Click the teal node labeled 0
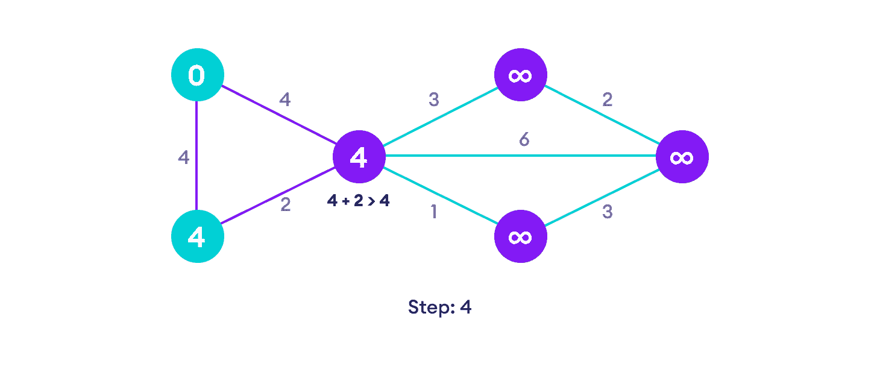tap(197, 75)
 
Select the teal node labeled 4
tap(197, 236)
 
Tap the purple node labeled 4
tap(359, 157)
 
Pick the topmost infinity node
tap(520, 75)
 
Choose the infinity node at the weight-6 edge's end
tap(682, 157)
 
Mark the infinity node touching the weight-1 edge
tap(520, 236)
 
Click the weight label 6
tap(524, 140)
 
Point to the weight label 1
tap(433, 212)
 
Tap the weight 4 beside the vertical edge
tap(184, 157)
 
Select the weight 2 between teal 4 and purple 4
tap(286, 205)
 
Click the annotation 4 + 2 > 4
tap(359, 201)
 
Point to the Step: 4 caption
tap(439, 307)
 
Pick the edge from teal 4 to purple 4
tap(278, 197)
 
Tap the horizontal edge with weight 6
tap(520, 156)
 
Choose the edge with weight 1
tap(439, 197)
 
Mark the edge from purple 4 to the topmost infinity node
tap(439, 116)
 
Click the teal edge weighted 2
tap(601, 116)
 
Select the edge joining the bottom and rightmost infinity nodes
tap(601, 197)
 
